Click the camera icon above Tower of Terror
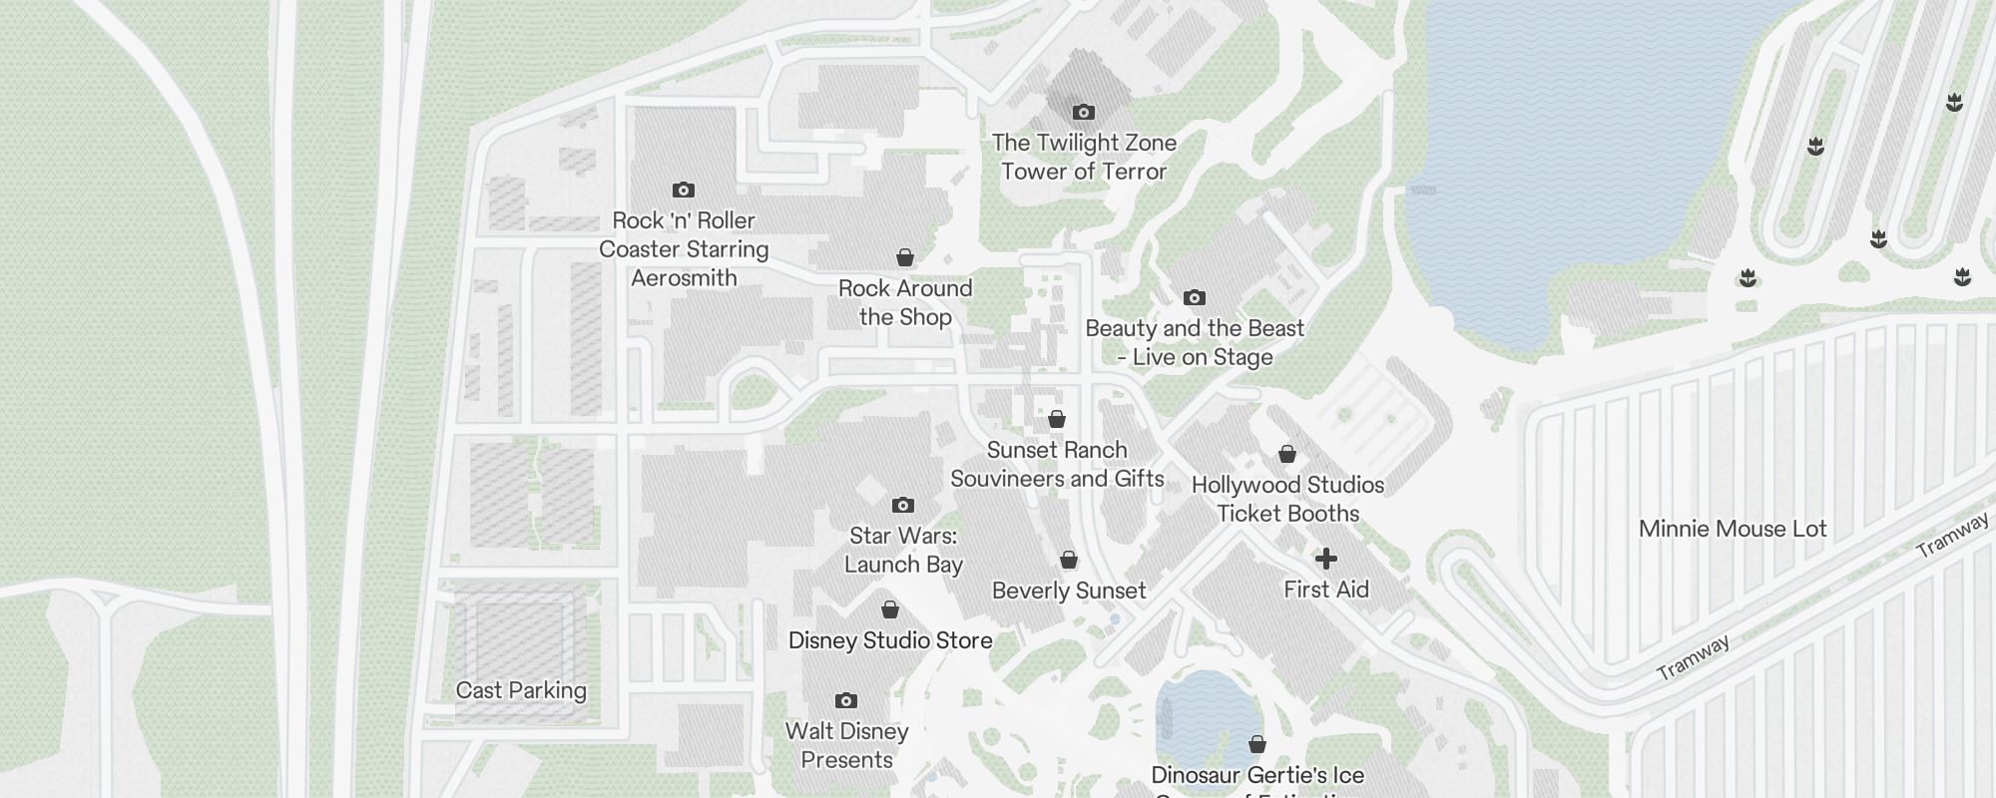1083,112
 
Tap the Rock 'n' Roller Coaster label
684,249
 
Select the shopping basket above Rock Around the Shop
905,258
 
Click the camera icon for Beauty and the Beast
1194,297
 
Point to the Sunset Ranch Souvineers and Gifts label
1057,465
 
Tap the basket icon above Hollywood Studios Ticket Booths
1287,455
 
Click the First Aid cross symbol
1325,559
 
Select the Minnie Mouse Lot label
1733,530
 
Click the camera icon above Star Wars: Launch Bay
902,505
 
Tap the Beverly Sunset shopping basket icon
1068,561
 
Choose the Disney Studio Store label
890,640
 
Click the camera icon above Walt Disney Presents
845,700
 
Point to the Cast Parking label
521,690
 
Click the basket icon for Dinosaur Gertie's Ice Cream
1257,744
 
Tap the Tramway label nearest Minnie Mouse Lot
1952,537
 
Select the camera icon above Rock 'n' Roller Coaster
683,190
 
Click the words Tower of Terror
1084,172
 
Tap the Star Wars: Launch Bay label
903,551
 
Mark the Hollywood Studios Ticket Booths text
1287,500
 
